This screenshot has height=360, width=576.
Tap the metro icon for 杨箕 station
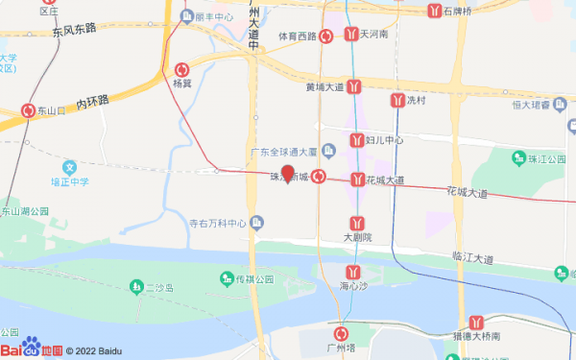pyautogui.click(x=182, y=69)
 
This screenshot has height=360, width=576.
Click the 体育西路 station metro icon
pyautogui.click(x=326, y=36)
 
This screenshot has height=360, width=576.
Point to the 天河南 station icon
pyautogui.click(x=351, y=35)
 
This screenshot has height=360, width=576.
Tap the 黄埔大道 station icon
pyautogui.click(x=355, y=86)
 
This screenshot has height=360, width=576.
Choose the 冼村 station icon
pyautogui.click(x=396, y=100)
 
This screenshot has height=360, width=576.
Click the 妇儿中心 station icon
pyautogui.click(x=357, y=140)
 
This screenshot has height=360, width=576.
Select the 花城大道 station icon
pyautogui.click(x=357, y=180)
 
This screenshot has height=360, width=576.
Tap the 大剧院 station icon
pyautogui.click(x=357, y=224)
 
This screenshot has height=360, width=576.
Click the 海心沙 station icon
pyautogui.click(x=353, y=272)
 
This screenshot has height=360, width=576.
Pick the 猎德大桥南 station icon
pyautogui.click(x=476, y=323)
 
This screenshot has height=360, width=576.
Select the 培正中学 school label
pyautogui.click(x=69, y=180)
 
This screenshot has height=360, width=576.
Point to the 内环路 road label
pyautogui.click(x=94, y=101)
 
